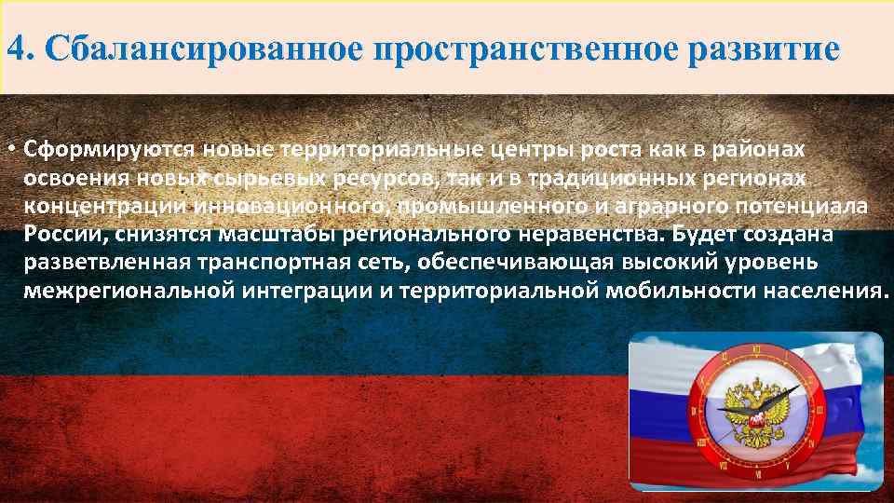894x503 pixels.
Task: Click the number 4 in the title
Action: click(x=14, y=48)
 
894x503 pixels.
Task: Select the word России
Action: click(x=59, y=234)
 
